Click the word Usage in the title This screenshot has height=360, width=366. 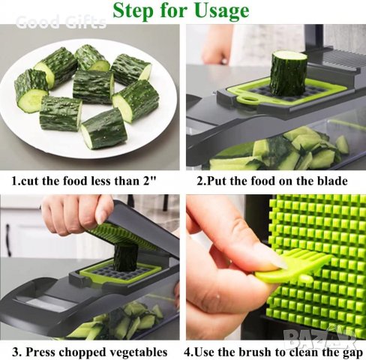pos(217,10)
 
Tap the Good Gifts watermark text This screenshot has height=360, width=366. pos(61,22)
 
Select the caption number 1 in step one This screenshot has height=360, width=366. pos(13,181)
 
